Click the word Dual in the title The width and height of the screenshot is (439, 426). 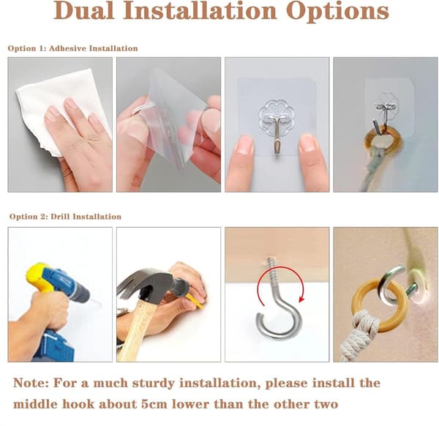click(x=83, y=11)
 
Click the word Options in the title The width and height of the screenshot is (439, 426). click(x=337, y=12)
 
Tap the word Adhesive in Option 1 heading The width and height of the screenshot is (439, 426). click(x=67, y=48)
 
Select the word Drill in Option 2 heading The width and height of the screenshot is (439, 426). click(x=61, y=217)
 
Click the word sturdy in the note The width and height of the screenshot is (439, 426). click(x=153, y=384)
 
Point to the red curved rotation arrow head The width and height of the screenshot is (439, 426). click(x=301, y=300)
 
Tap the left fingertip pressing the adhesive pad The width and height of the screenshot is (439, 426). click(x=244, y=145)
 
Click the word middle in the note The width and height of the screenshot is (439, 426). click(x=35, y=404)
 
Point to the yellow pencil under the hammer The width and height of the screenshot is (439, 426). click(x=194, y=301)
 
